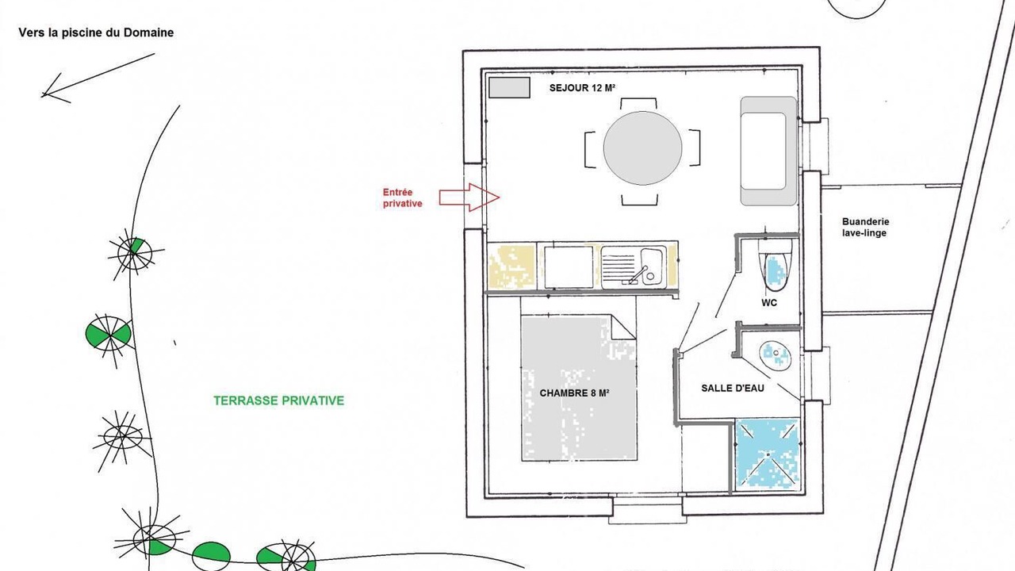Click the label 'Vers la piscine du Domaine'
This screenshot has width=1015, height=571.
[96, 33]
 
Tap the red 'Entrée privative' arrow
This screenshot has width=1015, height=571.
[469, 197]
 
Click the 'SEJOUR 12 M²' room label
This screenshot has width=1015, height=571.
[582, 88]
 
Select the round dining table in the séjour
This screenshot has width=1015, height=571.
[642, 148]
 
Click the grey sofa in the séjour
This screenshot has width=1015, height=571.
[769, 151]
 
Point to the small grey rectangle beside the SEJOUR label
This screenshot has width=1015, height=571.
[510, 87]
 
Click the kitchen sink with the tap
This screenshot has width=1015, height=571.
[634, 267]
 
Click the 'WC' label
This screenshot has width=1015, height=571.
[769, 303]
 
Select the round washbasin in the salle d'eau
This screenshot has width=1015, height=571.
[776, 356]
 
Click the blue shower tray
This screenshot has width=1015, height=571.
[767, 454]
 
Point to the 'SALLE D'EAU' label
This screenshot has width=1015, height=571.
[733, 389]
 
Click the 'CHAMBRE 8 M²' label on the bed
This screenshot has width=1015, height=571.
[574, 393]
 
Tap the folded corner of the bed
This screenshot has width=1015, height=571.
[623, 328]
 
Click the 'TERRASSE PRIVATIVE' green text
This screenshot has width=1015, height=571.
[279, 400]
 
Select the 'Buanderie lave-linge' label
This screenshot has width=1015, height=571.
[865, 228]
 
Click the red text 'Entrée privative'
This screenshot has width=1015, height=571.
[402, 198]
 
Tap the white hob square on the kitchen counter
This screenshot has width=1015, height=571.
[569, 267]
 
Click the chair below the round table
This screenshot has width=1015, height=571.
[639, 200]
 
